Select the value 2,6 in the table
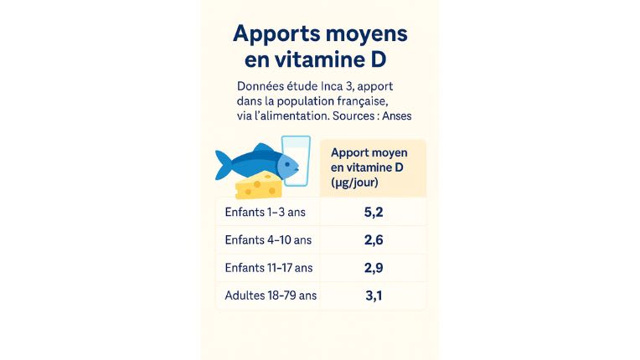[x=373, y=239]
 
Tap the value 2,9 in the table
[x=373, y=267]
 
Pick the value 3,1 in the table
[x=373, y=295]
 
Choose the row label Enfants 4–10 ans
[x=268, y=240]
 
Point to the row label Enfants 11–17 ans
[x=269, y=268]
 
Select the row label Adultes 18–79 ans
[x=271, y=296]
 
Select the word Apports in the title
[x=273, y=34]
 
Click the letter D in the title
[x=387, y=59]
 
